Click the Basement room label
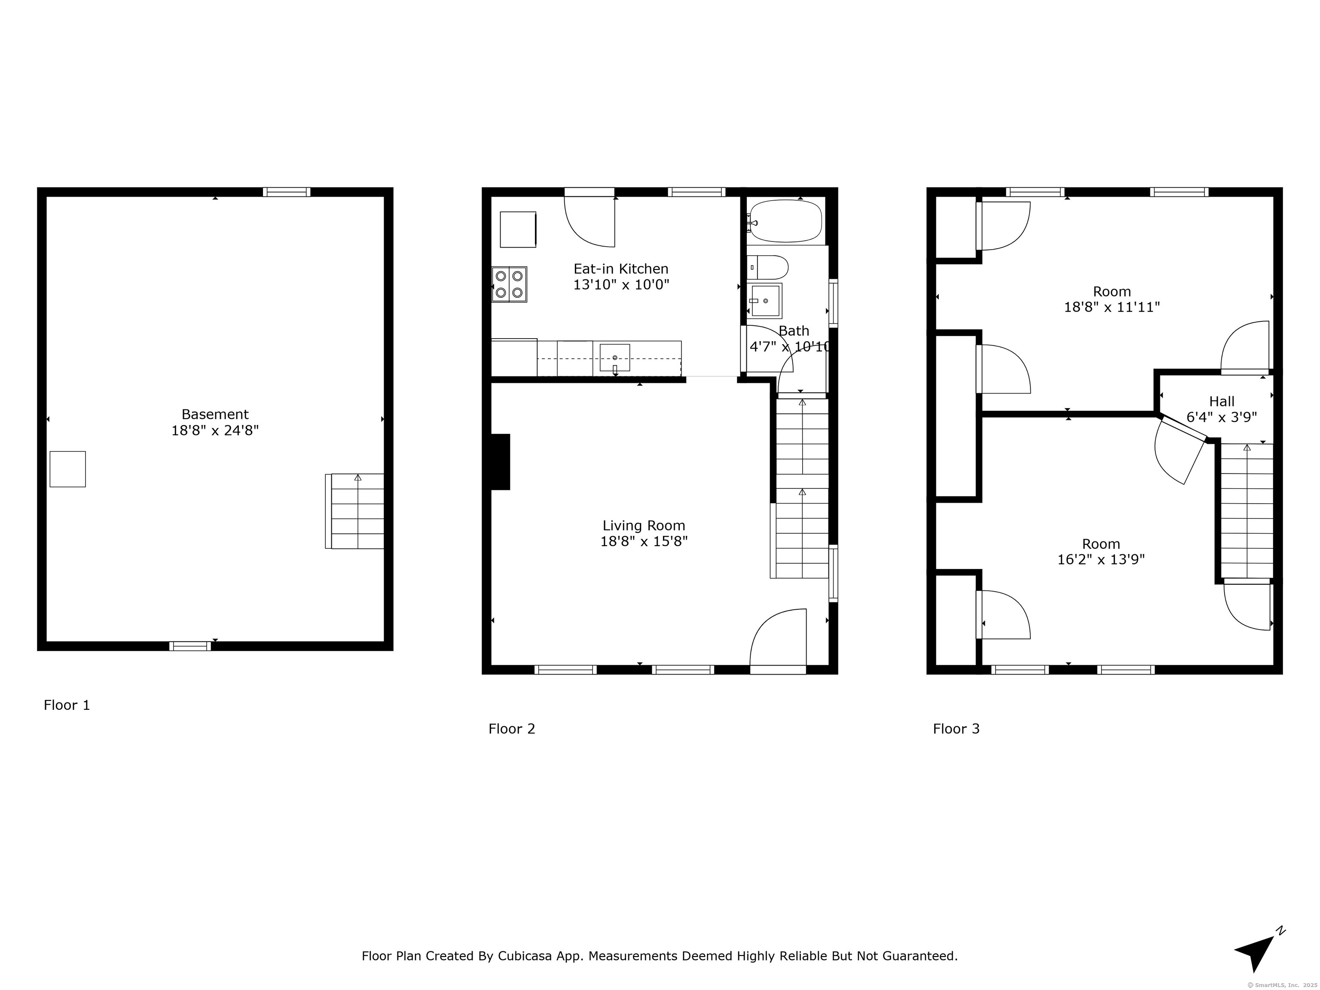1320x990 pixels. point(215,414)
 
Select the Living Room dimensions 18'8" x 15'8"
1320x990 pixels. point(644,541)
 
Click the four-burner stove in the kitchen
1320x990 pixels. point(509,284)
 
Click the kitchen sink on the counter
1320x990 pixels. point(614,358)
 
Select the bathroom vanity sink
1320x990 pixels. point(766,301)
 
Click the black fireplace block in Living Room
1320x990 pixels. point(500,462)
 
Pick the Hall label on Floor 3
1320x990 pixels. point(1222,402)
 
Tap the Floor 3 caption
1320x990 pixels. point(956,729)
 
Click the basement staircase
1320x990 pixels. point(354,511)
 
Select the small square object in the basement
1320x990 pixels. point(67,469)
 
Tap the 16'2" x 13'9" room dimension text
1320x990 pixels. point(1101,560)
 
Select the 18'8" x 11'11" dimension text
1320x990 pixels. point(1112,307)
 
